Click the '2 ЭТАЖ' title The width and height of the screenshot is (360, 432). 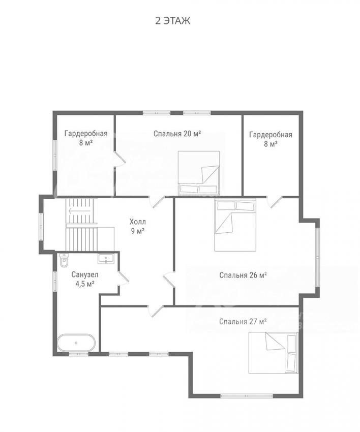[x=173, y=21]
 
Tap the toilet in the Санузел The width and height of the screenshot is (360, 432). [x=64, y=260]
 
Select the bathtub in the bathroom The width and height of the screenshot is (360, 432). [x=76, y=343]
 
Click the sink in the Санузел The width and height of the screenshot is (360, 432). [x=106, y=259]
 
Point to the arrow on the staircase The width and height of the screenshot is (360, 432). [x=80, y=211]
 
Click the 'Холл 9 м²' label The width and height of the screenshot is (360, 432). [x=138, y=227]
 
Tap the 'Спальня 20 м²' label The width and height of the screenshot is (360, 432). [x=177, y=134]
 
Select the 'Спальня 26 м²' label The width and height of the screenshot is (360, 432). [x=243, y=275]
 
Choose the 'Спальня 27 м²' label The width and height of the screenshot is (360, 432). [x=243, y=322]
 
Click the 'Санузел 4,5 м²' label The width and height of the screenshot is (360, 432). [x=85, y=279]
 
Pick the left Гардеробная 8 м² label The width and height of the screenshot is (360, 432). [x=86, y=138]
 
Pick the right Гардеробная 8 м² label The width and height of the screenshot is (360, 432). [x=271, y=139]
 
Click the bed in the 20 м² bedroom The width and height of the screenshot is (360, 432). [x=199, y=173]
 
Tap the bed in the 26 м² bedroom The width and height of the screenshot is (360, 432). [x=235, y=225]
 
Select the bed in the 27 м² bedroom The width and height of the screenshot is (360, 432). [x=273, y=353]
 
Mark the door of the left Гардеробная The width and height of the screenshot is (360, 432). [x=119, y=159]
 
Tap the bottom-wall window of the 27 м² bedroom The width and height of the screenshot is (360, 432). [x=247, y=396]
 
